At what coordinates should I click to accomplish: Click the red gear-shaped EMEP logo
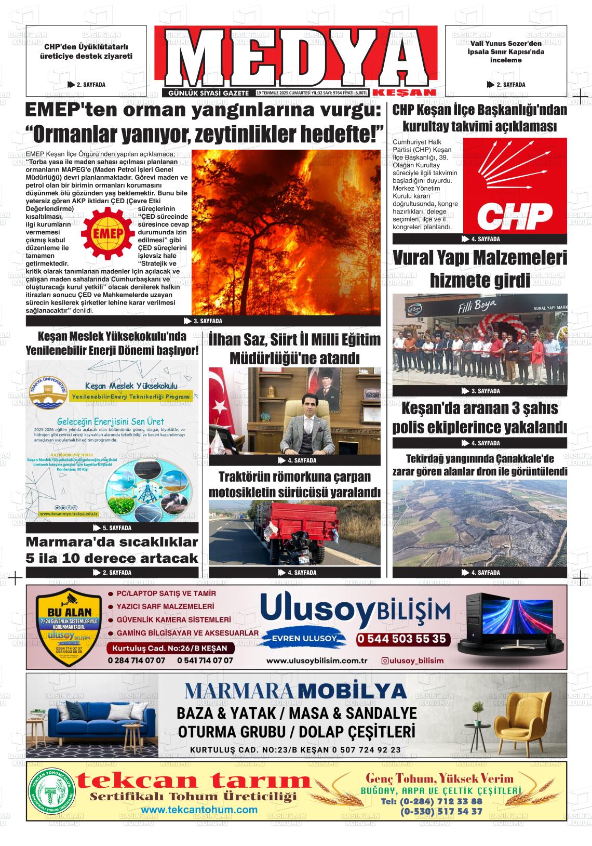click(x=108, y=234)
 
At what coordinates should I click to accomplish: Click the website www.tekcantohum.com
click(x=199, y=810)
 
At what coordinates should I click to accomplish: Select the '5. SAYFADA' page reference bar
click(x=112, y=528)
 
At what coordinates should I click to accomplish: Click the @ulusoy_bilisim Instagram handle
click(x=413, y=660)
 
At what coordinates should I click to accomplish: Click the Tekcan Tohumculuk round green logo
click(x=50, y=790)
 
